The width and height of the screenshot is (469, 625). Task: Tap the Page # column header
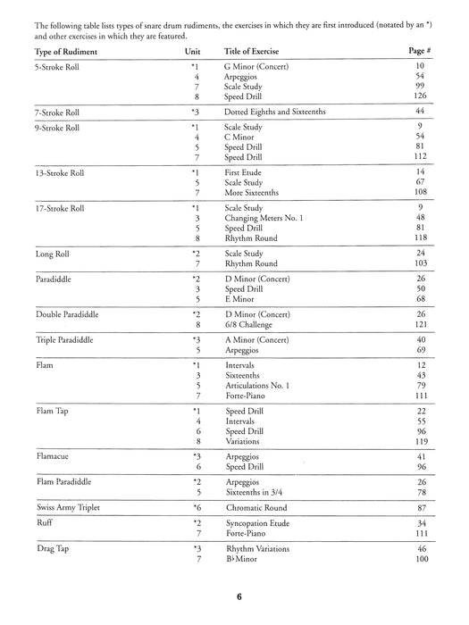[423, 54]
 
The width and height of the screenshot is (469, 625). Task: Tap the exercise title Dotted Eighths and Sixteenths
[275, 112]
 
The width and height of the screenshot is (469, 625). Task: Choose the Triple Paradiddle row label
[63, 340]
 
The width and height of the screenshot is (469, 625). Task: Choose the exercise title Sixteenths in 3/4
[257, 491]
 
